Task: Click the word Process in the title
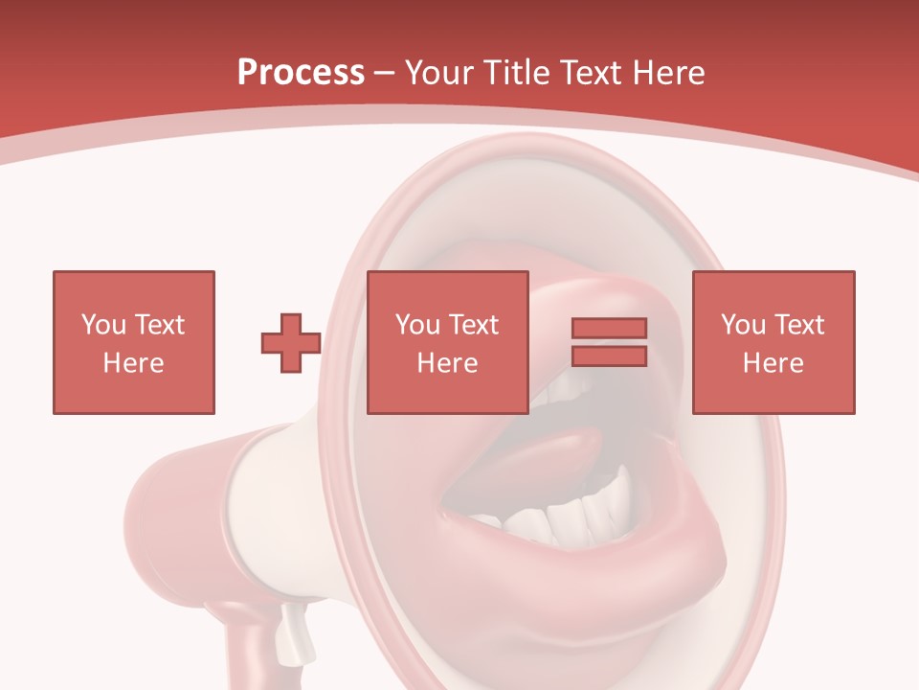pos(301,73)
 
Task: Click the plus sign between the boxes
pos(291,343)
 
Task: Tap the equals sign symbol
pos(609,342)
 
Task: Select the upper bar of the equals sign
pos(609,329)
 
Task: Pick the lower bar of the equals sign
pos(609,356)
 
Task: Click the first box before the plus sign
pos(134,342)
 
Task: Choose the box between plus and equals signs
pos(448,342)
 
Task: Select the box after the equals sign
pos(773,342)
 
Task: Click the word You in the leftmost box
pos(102,324)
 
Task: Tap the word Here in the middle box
pos(448,362)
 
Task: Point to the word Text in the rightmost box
pos(797,324)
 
